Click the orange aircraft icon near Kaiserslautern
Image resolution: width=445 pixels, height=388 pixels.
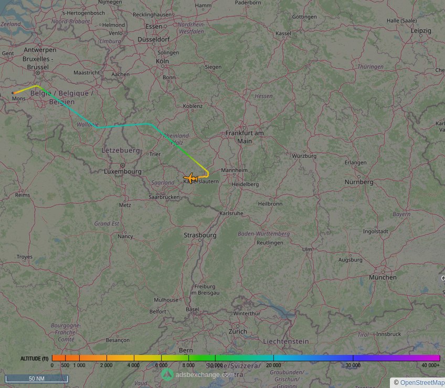pyautogui.click(x=190, y=178)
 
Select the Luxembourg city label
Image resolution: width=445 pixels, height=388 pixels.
pyautogui.click(x=122, y=171)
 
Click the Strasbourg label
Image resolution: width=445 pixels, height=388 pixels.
pyautogui.click(x=200, y=235)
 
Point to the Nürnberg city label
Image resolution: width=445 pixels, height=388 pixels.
pyautogui.click(x=359, y=182)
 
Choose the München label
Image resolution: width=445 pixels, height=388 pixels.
pyautogui.click(x=383, y=277)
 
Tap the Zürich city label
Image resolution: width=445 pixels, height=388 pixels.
pyautogui.click(x=238, y=331)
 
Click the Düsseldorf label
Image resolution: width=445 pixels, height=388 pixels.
pyautogui.click(x=153, y=39)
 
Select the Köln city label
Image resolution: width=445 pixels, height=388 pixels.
pyautogui.click(x=162, y=61)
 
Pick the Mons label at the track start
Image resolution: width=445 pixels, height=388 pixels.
pyautogui.click(x=19, y=99)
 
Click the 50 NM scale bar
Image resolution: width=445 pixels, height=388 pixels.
pyautogui.click(x=36, y=379)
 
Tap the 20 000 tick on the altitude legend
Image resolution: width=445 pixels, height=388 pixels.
pyautogui.click(x=273, y=365)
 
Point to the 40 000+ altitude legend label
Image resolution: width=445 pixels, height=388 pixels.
pyautogui.click(x=430, y=365)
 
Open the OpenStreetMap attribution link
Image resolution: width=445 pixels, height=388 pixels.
pyautogui.click(x=422, y=383)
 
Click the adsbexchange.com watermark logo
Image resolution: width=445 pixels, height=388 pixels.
pyautogui.click(x=167, y=374)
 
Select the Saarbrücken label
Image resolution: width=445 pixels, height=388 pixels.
pyautogui.click(x=164, y=197)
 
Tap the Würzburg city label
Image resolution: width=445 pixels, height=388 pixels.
pyautogui.click(x=304, y=156)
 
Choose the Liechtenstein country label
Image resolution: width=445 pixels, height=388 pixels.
pyautogui.click(x=286, y=341)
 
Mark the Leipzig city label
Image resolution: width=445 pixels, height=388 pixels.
pyautogui.click(x=421, y=31)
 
